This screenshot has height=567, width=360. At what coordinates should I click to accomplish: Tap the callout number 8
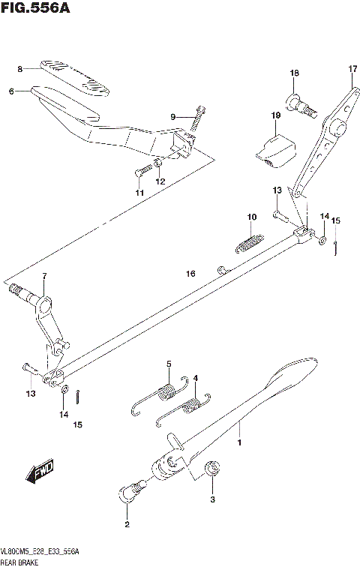(20, 69)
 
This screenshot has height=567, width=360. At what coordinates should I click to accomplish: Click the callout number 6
(12, 91)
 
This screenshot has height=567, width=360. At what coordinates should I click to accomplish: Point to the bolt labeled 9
(198, 117)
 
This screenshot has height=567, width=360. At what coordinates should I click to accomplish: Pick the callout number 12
(159, 181)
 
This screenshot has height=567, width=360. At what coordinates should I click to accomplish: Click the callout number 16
(191, 274)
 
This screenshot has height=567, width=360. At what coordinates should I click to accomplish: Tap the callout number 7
(44, 277)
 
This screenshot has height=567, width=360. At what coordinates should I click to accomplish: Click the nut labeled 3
(212, 470)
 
